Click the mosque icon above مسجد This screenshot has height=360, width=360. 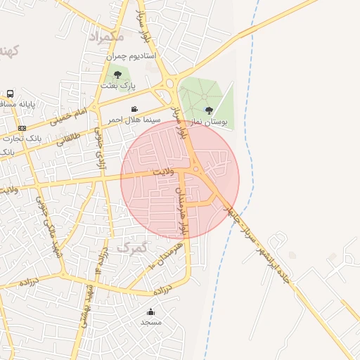click(x=150, y=311)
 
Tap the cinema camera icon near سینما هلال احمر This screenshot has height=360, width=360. click(x=134, y=109)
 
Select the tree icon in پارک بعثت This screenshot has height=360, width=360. click(x=117, y=75)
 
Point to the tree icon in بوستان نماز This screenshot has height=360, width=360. click(x=209, y=110)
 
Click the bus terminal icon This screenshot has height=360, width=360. click(x=10, y=94)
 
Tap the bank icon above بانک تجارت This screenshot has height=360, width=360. click(x=22, y=128)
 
